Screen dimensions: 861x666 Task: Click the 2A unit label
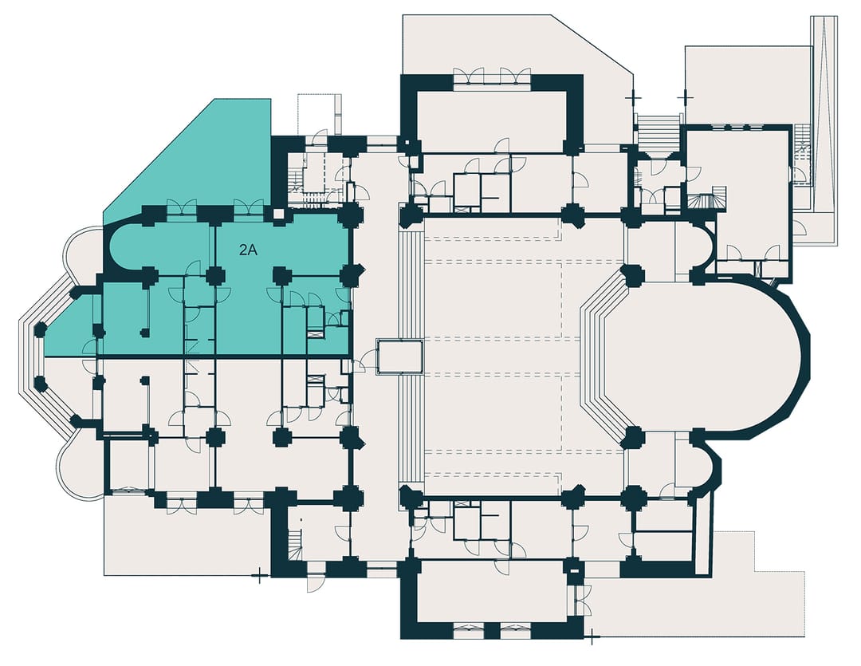coord(248,250)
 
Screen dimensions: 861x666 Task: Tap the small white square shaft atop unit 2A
coord(279,214)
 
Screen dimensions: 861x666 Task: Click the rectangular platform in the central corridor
coord(399,357)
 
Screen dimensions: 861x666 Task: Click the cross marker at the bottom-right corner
coord(592,639)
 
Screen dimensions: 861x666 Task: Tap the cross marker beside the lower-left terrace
coord(259,577)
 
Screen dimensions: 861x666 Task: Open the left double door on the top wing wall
coord(470,77)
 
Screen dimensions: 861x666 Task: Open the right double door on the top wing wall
coord(516,77)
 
